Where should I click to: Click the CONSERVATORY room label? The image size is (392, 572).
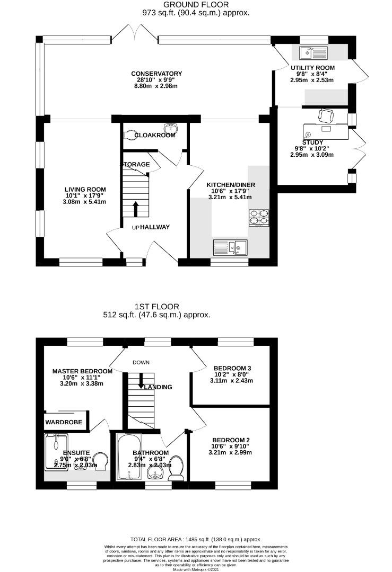tap(156, 74)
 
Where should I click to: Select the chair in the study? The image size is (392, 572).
tap(326, 115)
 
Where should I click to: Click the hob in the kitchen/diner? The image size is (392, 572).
tap(258, 218)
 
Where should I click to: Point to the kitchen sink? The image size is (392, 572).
tap(230, 247)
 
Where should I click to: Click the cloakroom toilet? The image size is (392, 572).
tap(130, 135)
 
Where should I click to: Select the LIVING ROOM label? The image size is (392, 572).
tap(85, 189)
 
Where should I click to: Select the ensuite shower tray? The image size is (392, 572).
tap(56, 452)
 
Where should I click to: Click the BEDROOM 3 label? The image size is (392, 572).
tap(231, 368)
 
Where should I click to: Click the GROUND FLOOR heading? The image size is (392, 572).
tap(196, 5)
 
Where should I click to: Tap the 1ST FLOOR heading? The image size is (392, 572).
tap(156, 306)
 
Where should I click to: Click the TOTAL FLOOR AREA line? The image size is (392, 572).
tap(196, 539)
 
